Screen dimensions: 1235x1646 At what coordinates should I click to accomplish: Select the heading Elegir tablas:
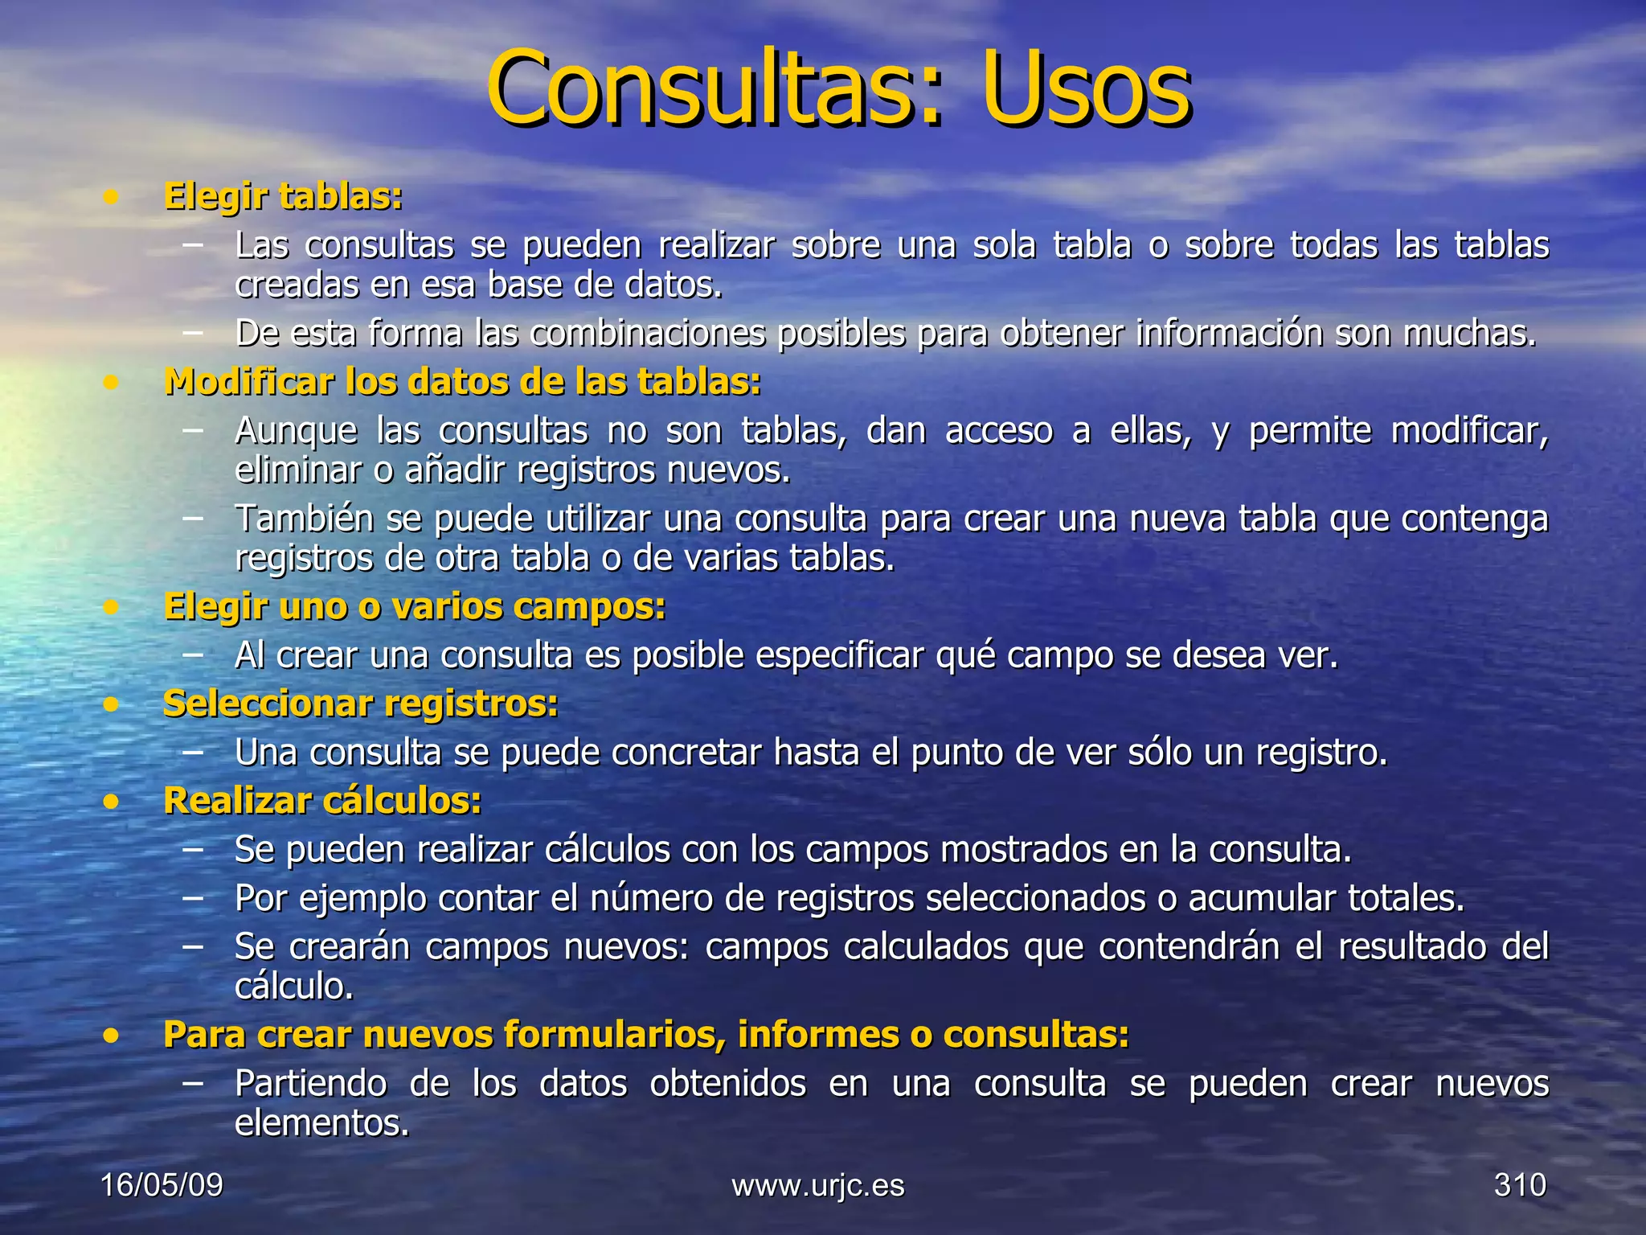pos(283,197)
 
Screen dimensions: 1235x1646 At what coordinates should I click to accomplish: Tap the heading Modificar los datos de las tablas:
pos(462,382)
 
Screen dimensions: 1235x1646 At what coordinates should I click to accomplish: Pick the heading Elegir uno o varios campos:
pos(415,607)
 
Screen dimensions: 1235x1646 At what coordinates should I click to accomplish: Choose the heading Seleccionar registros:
pos(361,704)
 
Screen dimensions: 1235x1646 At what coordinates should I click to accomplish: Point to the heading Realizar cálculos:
pos(322,801)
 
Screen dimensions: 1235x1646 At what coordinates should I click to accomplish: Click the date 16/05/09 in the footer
pos(162,1185)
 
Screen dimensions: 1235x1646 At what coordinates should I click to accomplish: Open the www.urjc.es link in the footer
pos(818,1185)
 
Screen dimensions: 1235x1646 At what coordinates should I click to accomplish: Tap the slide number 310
pos(1520,1185)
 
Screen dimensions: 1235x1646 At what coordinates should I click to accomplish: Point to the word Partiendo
pos(311,1084)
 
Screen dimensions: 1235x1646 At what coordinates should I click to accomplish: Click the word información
pos(1229,334)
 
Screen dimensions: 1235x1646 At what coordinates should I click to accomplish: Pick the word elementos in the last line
pos(321,1123)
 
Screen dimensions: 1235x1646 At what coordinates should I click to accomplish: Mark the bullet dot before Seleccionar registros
pos(112,705)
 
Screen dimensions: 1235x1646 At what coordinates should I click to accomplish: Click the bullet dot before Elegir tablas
pos(112,198)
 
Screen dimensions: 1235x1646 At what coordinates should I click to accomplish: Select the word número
pos(651,898)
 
